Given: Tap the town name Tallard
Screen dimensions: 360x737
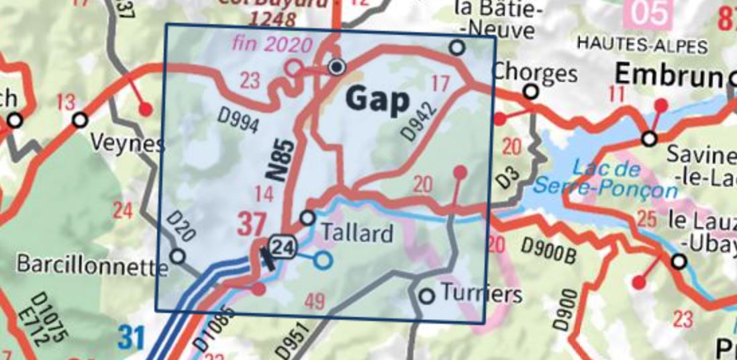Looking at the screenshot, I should click(x=357, y=233).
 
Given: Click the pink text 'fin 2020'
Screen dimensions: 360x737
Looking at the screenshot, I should click(x=273, y=45).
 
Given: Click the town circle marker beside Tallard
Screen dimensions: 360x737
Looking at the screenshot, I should click(x=307, y=218).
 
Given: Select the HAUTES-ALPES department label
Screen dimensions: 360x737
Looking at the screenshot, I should click(x=642, y=46).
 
